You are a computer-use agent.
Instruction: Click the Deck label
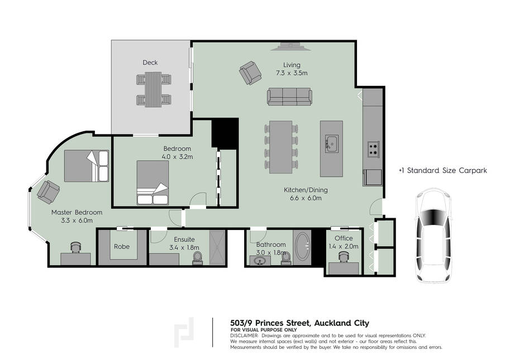tap(150, 63)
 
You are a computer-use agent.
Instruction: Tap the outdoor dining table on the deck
tap(153, 89)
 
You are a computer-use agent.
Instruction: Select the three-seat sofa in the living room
tap(289, 97)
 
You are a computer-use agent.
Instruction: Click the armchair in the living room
tap(250, 73)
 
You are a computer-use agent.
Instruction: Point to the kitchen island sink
tap(332, 143)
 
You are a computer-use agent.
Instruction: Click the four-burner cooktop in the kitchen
tap(373, 150)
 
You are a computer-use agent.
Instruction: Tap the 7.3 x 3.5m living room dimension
tap(292, 73)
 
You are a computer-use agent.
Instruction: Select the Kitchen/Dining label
tap(306, 190)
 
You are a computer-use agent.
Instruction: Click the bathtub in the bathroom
tap(302, 246)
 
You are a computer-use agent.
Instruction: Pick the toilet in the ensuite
tap(197, 258)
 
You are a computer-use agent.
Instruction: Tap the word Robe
tap(122, 247)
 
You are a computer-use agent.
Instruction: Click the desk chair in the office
tap(344, 257)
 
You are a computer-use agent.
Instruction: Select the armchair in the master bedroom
tap(48, 192)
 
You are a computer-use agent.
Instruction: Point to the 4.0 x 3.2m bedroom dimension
tap(177, 157)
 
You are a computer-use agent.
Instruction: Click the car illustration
tap(434, 234)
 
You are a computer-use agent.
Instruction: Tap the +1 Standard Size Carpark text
tap(442, 170)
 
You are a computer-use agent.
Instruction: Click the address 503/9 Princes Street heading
tap(299, 323)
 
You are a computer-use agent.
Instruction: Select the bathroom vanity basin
tap(260, 261)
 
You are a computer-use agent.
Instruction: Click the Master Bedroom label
tap(77, 213)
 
